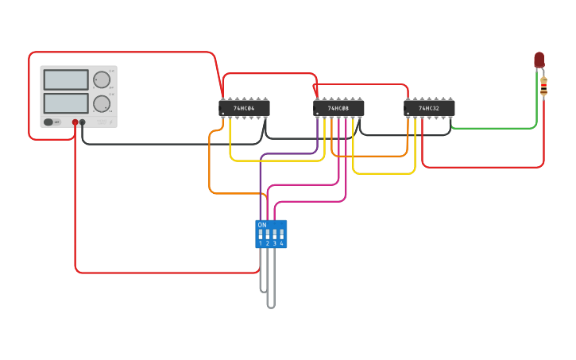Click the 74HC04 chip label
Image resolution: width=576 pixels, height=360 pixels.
click(244, 108)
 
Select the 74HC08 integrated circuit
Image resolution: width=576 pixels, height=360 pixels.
click(338, 108)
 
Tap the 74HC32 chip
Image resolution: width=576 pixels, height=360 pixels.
click(429, 108)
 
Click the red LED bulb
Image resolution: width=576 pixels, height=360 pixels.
click(539, 60)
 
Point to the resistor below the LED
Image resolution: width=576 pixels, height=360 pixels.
click(543, 86)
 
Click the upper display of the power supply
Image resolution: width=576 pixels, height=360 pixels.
click(66, 79)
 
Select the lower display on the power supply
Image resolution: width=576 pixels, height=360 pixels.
click(66, 103)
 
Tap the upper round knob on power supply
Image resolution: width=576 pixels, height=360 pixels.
click(102, 79)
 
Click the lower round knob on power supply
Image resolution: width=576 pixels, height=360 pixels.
click(102, 104)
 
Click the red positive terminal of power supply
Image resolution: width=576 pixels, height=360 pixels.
click(75, 122)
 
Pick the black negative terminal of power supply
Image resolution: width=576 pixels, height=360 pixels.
click(83, 122)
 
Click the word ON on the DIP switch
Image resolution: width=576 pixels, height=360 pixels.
click(262, 225)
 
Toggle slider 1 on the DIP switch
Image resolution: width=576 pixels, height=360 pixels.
click(261, 234)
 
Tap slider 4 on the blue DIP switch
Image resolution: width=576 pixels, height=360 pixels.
click(281, 234)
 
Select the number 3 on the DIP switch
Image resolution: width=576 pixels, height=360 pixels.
click(275, 243)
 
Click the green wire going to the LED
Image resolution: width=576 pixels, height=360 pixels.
click(493, 127)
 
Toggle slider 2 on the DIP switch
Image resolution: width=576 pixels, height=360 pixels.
click(268, 234)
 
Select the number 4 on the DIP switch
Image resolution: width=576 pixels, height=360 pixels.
click(281, 243)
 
